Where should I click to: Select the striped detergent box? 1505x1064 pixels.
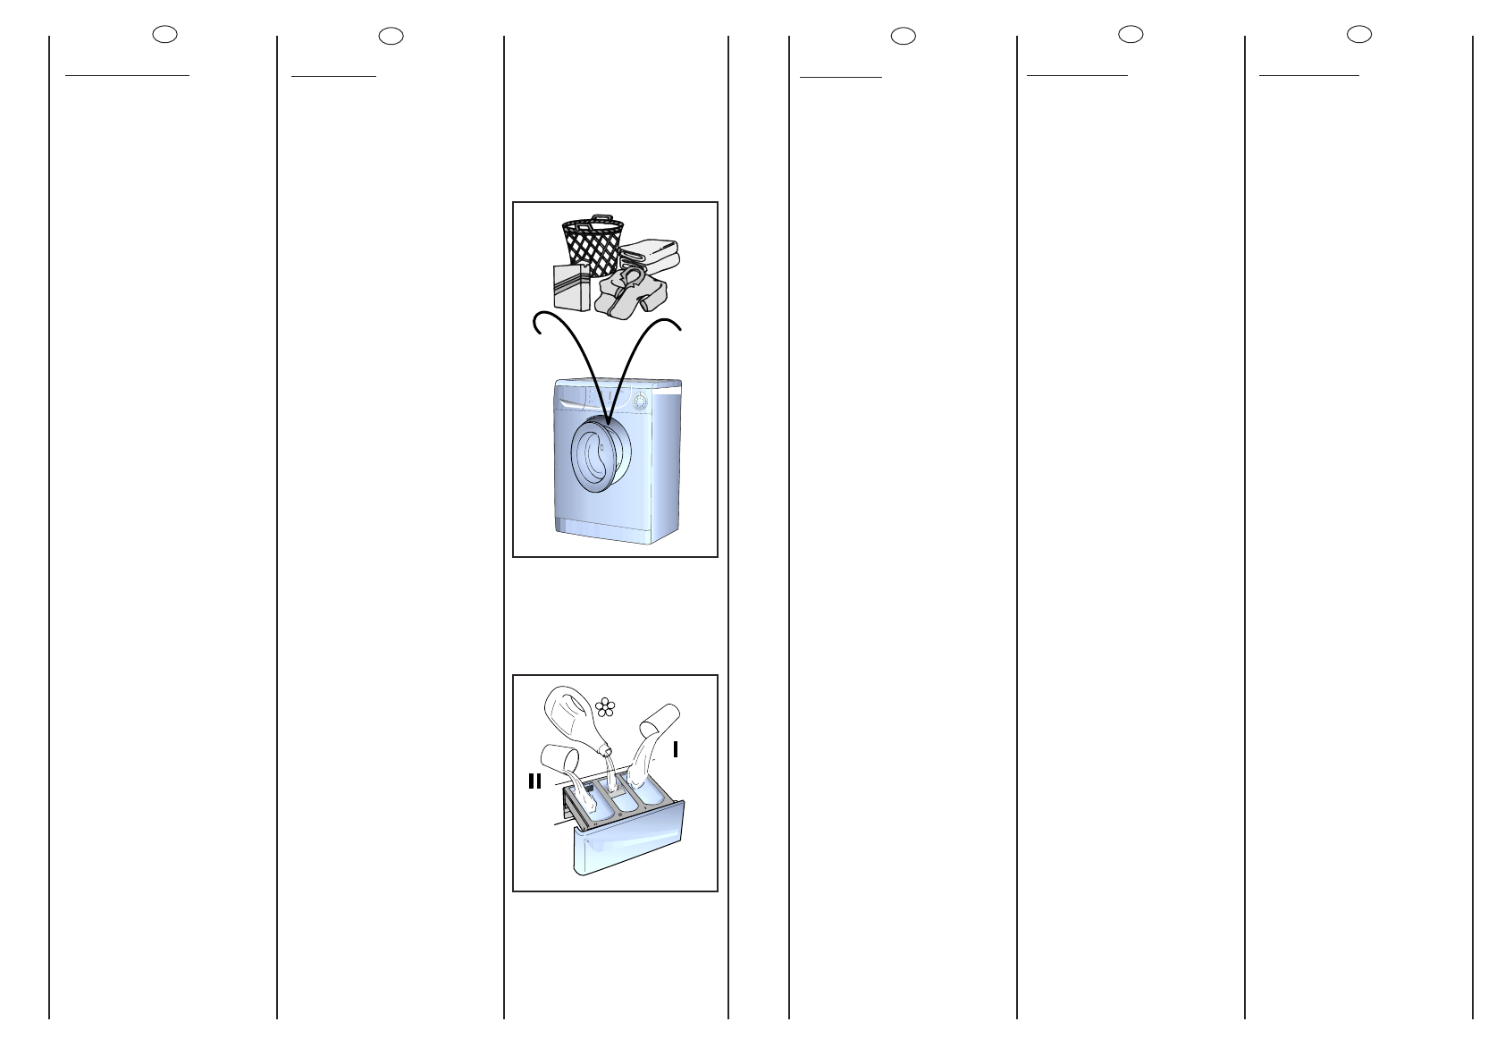(x=571, y=287)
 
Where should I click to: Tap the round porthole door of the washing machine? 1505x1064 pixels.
(x=594, y=457)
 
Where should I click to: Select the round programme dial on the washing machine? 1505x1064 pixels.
(x=641, y=402)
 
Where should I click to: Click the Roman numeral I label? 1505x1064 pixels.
(x=676, y=749)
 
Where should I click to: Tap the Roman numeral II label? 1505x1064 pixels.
(x=534, y=781)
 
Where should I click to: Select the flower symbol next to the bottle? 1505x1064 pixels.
(x=605, y=706)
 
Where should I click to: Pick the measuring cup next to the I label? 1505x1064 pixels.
(x=661, y=719)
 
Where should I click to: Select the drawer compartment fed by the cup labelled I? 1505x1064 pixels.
(x=650, y=792)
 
